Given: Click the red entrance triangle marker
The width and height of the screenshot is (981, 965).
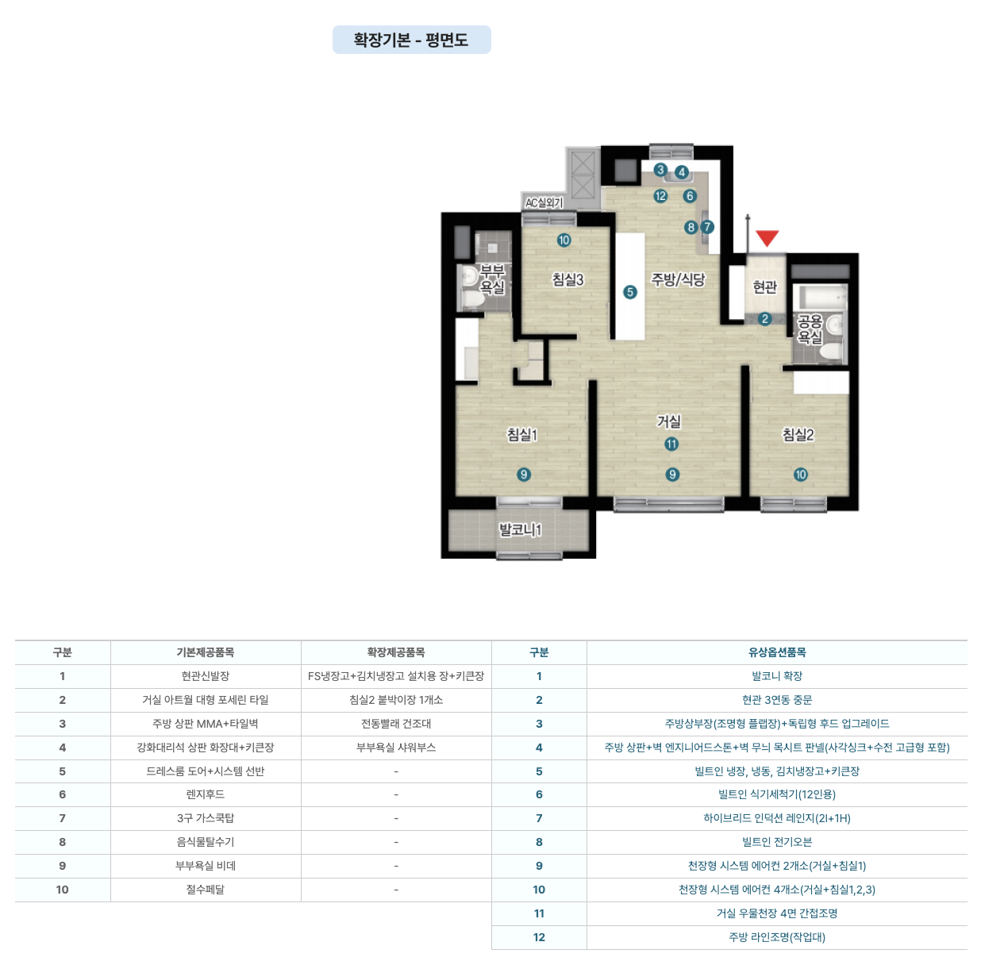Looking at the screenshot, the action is (x=767, y=238).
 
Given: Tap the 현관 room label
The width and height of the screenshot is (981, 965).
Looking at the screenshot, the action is (x=764, y=287).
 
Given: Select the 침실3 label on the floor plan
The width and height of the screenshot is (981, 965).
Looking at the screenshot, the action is (x=567, y=279).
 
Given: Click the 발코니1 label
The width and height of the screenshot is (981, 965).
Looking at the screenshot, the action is (x=521, y=529).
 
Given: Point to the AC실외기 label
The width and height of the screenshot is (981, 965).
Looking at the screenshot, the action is (x=544, y=202).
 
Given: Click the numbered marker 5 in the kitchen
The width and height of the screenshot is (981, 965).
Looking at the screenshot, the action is (x=629, y=292).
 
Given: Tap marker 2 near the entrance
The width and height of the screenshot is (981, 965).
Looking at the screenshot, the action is (x=764, y=319).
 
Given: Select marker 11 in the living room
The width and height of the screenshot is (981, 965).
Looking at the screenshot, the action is (x=671, y=444).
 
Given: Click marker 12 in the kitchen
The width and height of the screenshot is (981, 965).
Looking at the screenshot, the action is (x=660, y=196).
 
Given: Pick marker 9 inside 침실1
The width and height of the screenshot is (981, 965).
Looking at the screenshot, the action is (x=524, y=475).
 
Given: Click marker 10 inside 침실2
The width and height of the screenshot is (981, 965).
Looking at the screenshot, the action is (x=800, y=475).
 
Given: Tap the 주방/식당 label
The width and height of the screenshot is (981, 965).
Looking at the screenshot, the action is (x=678, y=279).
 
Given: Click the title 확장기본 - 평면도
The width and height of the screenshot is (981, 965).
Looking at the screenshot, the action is (x=411, y=40).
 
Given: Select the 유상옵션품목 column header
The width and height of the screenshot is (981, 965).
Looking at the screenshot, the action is (x=777, y=652).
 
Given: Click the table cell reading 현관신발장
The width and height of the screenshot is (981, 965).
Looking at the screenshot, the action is (x=205, y=676).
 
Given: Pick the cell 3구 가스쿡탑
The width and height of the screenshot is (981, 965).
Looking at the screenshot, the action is (x=205, y=818).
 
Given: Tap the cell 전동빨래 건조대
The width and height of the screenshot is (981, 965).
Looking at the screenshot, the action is (x=396, y=724).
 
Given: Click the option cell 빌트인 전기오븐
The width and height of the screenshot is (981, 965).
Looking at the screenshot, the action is (x=777, y=842).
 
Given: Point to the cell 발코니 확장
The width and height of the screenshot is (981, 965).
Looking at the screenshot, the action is (x=777, y=676).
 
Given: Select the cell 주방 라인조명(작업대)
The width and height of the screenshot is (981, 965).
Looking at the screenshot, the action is (x=777, y=937).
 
